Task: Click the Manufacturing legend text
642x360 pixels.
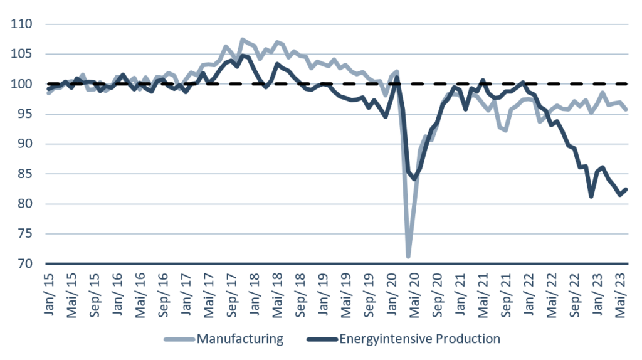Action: [x=239, y=339]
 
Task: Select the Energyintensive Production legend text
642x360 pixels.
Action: [x=419, y=339]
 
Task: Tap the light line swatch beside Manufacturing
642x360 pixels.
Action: [x=179, y=340]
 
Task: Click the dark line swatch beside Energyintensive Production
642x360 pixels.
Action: [x=322, y=340]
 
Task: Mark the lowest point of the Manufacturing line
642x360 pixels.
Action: [x=408, y=257]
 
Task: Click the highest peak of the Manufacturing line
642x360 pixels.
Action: [x=243, y=40]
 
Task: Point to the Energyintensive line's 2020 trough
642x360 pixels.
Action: [x=414, y=179]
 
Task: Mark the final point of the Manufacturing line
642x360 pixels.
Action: [x=626, y=109]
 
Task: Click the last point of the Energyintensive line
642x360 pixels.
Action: [x=626, y=189]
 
